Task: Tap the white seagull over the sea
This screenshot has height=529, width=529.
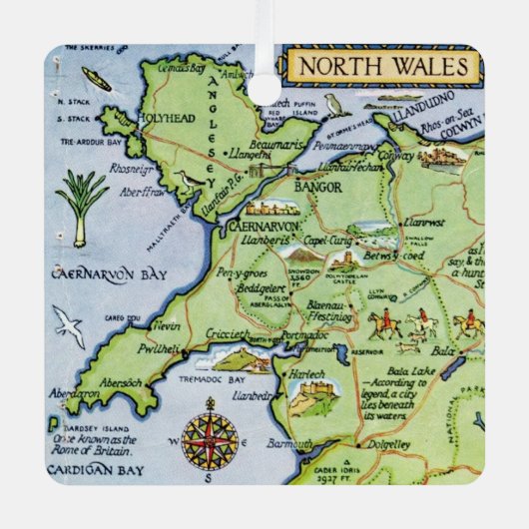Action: (x=68, y=324)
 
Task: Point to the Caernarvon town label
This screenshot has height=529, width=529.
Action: (x=264, y=228)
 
